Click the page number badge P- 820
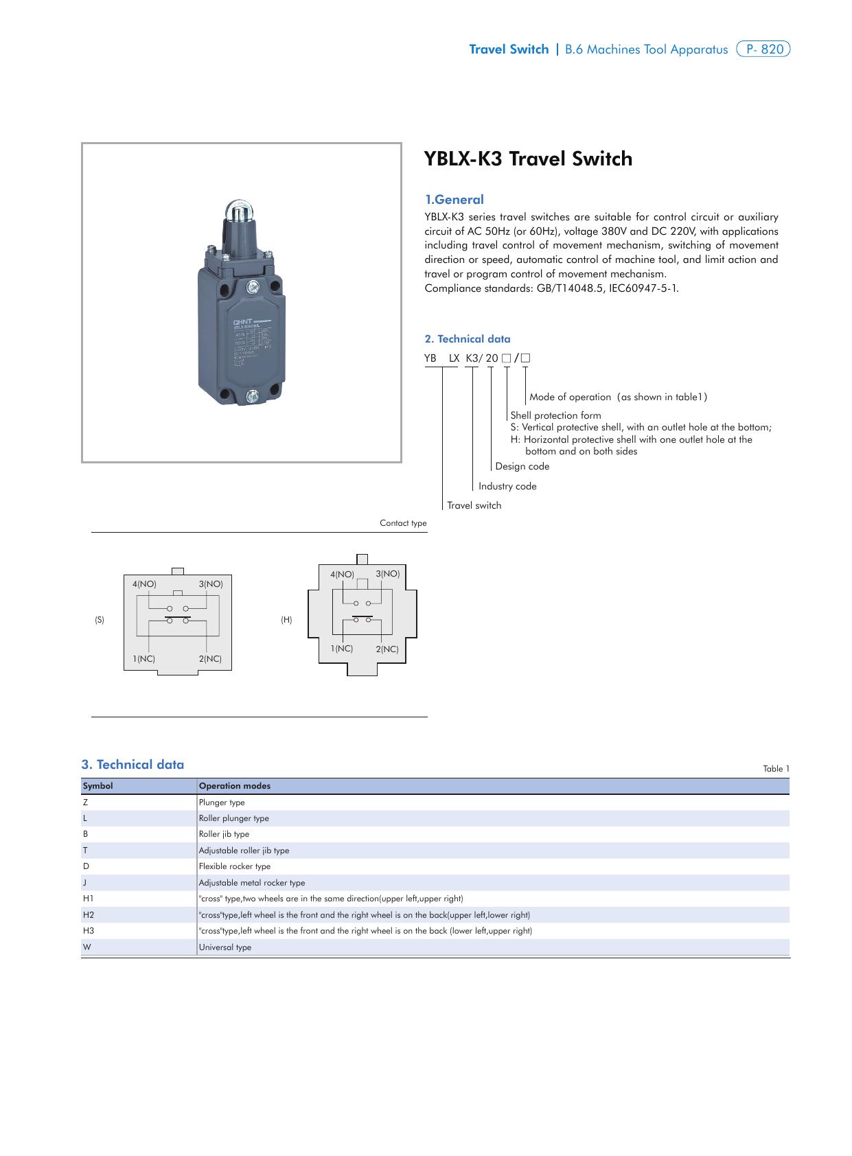pyautogui.click(x=763, y=49)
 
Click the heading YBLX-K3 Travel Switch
pyautogui.click(x=528, y=159)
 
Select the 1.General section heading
pyautogui.click(x=454, y=200)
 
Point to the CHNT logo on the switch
pyautogui.click(x=243, y=321)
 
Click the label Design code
pyautogui.click(x=522, y=467)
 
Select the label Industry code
pyautogui.click(x=507, y=486)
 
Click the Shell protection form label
pyautogui.click(x=555, y=415)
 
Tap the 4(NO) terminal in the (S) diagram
pyautogui.click(x=145, y=584)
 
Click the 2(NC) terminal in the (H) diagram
pyautogui.click(x=387, y=649)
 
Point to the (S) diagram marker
pyautogui.click(x=100, y=620)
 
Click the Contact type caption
pyautogui.click(x=403, y=523)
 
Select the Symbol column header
pyautogui.click(x=98, y=786)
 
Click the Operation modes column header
pyautogui.click(x=234, y=786)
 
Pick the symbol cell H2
pyautogui.click(x=89, y=915)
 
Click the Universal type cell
pyautogui.click(x=225, y=947)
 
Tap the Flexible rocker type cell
pyautogui.click(x=235, y=866)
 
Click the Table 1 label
pyautogui.click(x=776, y=769)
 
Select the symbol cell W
pyautogui.click(x=87, y=947)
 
